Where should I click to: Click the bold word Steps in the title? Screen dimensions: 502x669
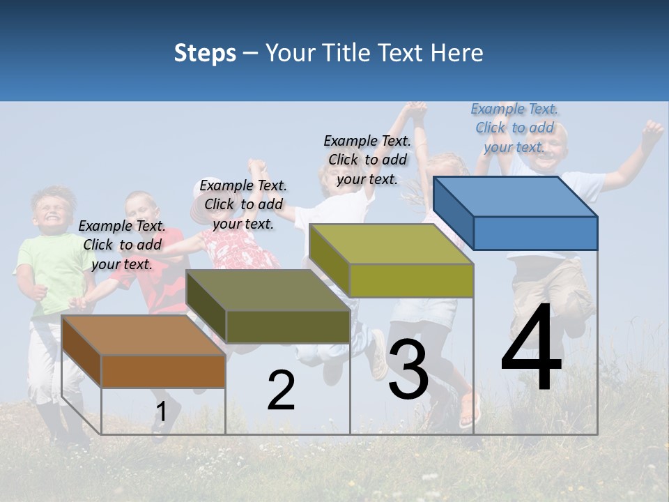tap(205, 53)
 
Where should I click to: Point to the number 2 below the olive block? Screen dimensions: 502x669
tap(281, 390)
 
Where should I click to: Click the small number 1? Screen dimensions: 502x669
tap(161, 411)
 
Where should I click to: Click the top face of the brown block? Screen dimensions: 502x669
tap(143, 335)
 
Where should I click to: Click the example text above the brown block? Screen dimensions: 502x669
tap(122, 245)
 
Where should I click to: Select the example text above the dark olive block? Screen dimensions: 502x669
tap(243, 204)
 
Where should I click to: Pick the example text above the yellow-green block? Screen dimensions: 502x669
tap(367, 160)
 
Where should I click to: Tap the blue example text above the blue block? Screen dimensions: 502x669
tap(514, 128)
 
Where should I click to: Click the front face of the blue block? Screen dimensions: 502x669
tap(535, 233)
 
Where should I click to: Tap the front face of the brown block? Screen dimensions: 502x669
tap(163, 371)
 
